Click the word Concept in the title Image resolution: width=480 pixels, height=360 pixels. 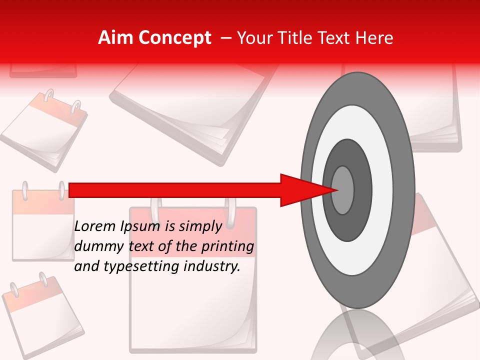coord(173,38)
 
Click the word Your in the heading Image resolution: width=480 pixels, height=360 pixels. coord(252,38)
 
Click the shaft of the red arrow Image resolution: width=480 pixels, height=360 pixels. coord(175,190)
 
